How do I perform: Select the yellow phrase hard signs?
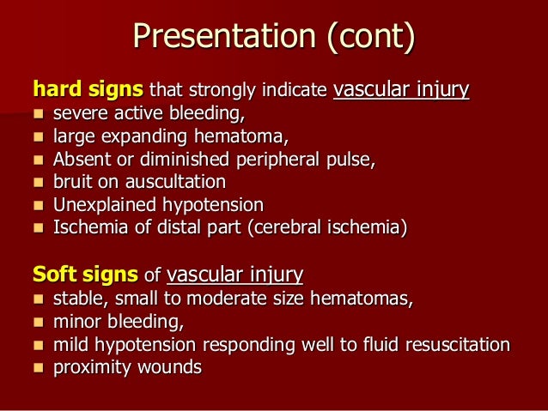pos(88,89)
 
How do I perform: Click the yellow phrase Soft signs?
pos(85,275)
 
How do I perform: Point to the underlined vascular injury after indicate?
pos(400,89)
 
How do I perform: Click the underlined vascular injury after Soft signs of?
pos(234,275)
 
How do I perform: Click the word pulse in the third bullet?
pos(351,159)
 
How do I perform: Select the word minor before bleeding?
pos(74,322)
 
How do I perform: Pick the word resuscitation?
pos(456,345)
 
